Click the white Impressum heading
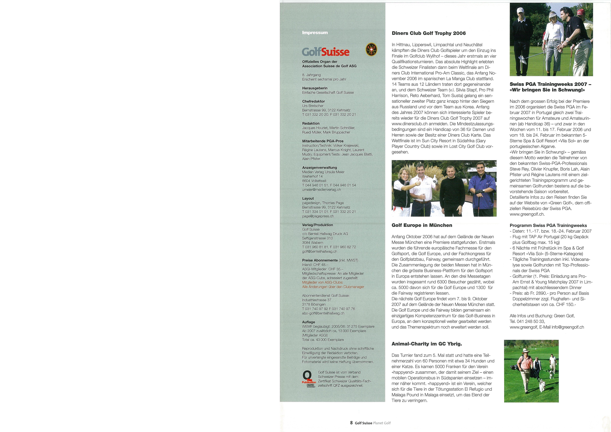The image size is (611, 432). (x=315, y=33)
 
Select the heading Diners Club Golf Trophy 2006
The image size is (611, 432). (x=429, y=33)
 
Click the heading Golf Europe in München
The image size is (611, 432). (x=422, y=225)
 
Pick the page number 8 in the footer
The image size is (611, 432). (x=351, y=423)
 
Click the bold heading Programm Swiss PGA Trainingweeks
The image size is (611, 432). (x=548, y=225)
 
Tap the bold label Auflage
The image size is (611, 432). (x=308, y=322)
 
